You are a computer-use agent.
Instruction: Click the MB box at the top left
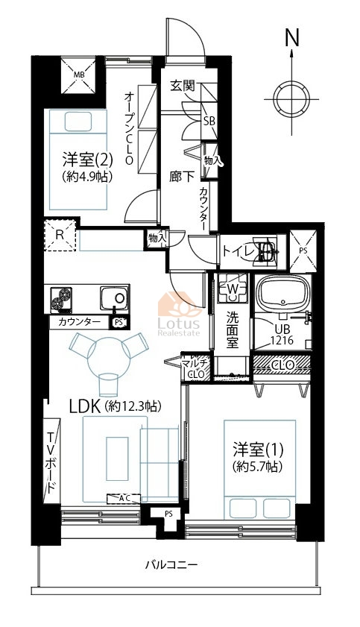tap(78, 75)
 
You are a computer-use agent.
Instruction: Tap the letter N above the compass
tap(292, 38)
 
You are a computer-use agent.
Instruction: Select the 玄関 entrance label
tap(183, 86)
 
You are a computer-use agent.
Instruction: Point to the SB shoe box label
tap(209, 122)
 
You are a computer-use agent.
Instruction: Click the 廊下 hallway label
tap(182, 177)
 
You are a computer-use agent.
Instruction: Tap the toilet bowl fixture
tap(264, 251)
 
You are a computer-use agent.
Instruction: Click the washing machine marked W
tap(232, 288)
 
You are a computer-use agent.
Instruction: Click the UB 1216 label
tap(282, 335)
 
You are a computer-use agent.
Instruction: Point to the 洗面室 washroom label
tap(233, 330)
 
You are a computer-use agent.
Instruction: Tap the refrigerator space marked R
tap(60, 235)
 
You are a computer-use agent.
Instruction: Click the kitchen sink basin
tap(115, 297)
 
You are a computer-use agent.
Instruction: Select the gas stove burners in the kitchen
tap(61, 300)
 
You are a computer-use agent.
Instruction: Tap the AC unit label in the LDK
tap(124, 498)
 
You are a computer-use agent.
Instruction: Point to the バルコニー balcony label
tap(171, 565)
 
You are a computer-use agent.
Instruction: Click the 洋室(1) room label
tap(259, 450)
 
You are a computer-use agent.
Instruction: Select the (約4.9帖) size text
tap(86, 177)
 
